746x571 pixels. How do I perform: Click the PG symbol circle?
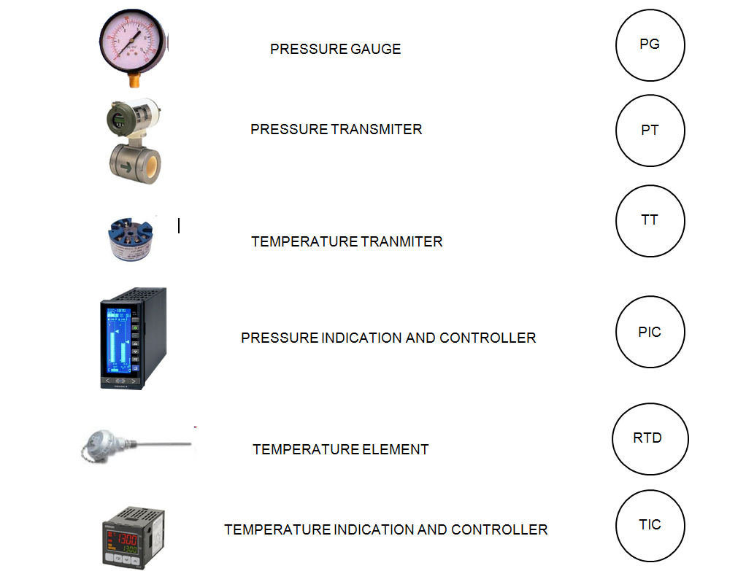click(616, 45)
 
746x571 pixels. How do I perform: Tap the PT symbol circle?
click(616, 131)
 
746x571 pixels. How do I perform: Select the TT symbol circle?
click(616, 221)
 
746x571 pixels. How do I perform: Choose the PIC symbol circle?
click(616, 332)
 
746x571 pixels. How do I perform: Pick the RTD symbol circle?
click(612, 439)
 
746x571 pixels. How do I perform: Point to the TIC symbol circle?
click(616, 526)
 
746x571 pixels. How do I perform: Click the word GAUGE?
click(375, 49)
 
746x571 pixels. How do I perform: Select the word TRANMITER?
click(401, 241)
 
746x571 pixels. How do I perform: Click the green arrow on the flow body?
click(126, 167)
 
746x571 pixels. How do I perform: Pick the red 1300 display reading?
click(127, 539)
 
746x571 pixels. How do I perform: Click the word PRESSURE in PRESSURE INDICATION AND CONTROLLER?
click(280, 338)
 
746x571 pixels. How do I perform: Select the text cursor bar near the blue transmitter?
click(179, 225)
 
